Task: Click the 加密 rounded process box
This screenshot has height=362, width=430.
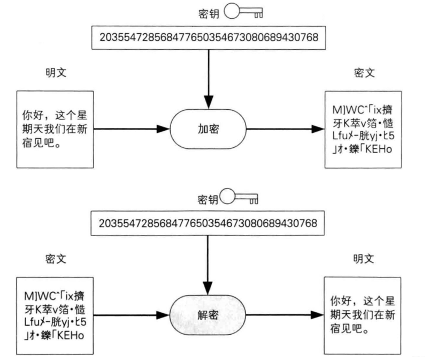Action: pos(208,129)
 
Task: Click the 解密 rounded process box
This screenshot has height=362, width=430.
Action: pos(208,313)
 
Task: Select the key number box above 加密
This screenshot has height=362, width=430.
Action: pos(208,38)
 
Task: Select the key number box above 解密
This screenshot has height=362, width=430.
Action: pos(208,222)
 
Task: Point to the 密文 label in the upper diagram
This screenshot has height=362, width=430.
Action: pos(364,73)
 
